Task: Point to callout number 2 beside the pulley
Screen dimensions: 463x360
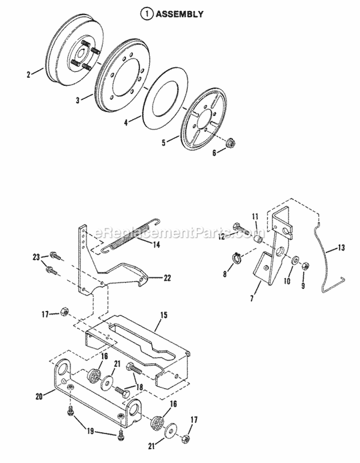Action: click(29, 74)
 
